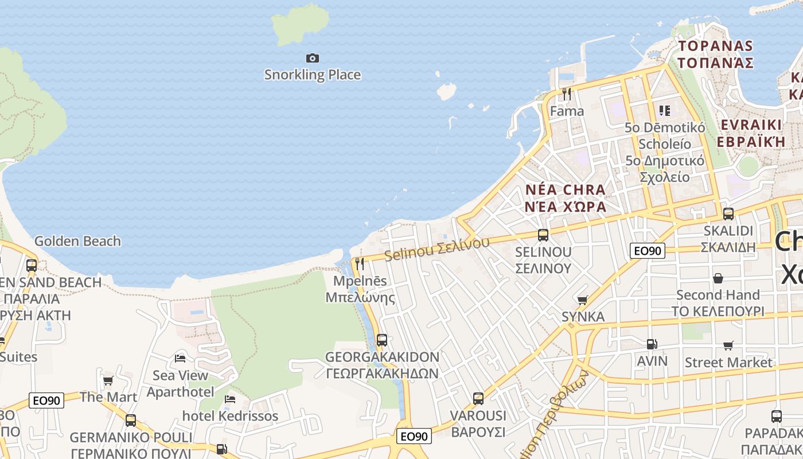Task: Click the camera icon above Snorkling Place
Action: (x=313, y=58)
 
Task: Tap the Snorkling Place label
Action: (x=313, y=75)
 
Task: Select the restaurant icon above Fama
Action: (x=567, y=94)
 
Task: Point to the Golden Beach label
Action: (x=77, y=241)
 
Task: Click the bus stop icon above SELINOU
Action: (x=543, y=235)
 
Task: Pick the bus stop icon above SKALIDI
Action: (x=728, y=213)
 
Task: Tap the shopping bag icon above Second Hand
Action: (x=718, y=278)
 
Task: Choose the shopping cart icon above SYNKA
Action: (x=583, y=300)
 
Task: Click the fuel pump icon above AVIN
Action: (x=652, y=344)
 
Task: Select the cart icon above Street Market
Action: (x=728, y=345)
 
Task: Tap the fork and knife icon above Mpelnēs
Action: (x=360, y=264)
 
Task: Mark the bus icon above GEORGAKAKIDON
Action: (x=382, y=340)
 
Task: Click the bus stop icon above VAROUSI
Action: (x=478, y=398)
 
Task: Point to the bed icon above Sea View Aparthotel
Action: (x=180, y=359)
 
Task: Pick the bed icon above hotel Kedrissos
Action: (x=230, y=399)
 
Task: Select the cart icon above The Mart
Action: (x=108, y=380)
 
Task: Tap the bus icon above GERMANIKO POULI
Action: (x=131, y=420)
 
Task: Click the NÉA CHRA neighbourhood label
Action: (x=565, y=190)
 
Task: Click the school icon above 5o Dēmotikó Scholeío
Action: (x=665, y=110)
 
